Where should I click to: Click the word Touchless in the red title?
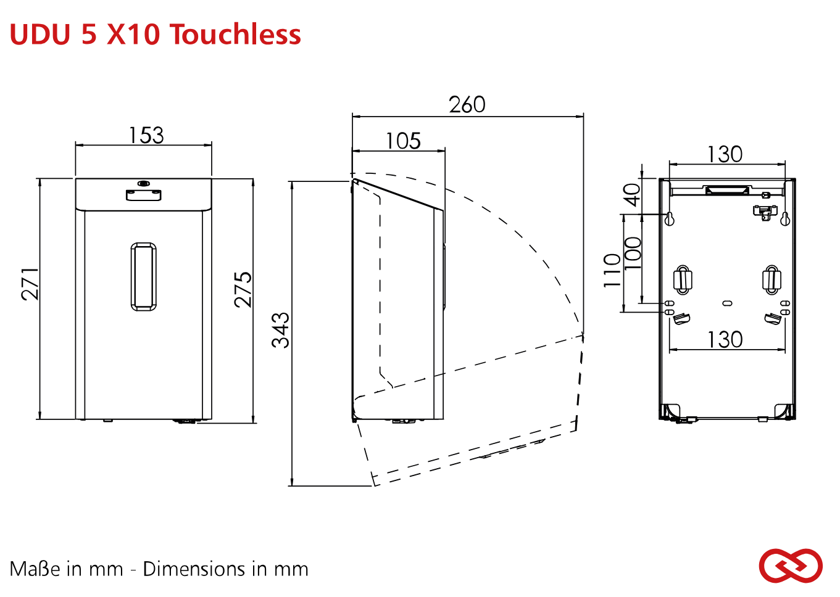[236, 34]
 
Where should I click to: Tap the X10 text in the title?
[133, 34]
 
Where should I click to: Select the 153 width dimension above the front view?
[146, 135]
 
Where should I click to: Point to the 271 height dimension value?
[30, 284]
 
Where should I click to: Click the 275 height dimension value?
[243, 290]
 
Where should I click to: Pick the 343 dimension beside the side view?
[280, 330]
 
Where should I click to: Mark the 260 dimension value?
[467, 105]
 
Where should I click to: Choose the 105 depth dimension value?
[404, 141]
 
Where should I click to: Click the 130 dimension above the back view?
[725, 154]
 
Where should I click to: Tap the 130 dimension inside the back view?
[725, 340]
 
